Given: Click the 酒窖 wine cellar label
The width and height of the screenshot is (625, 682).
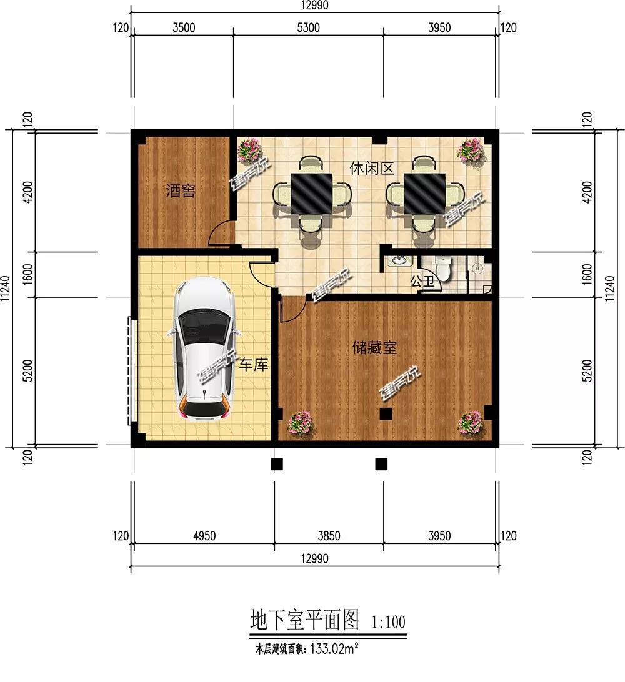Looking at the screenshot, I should pyautogui.click(x=181, y=191).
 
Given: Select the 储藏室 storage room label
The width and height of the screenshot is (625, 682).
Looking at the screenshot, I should pyautogui.click(x=375, y=348).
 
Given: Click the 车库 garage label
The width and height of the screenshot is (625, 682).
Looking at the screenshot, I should pyautogui.click(x=253, y=365).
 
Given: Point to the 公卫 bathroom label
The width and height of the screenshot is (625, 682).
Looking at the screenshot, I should pyautogui.click(x=422, y=282).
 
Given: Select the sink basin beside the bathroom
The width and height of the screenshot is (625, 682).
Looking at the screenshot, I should pyautogui.click(x=397, y=261).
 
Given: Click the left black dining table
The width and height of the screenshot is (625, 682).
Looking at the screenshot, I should pyautogui.click(x=311, y=193).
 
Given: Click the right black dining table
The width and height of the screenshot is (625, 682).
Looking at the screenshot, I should pyautogui.click(x=425, y=193).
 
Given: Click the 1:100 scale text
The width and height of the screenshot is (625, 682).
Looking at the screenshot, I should pyautogui.click(x=388, y=622).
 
